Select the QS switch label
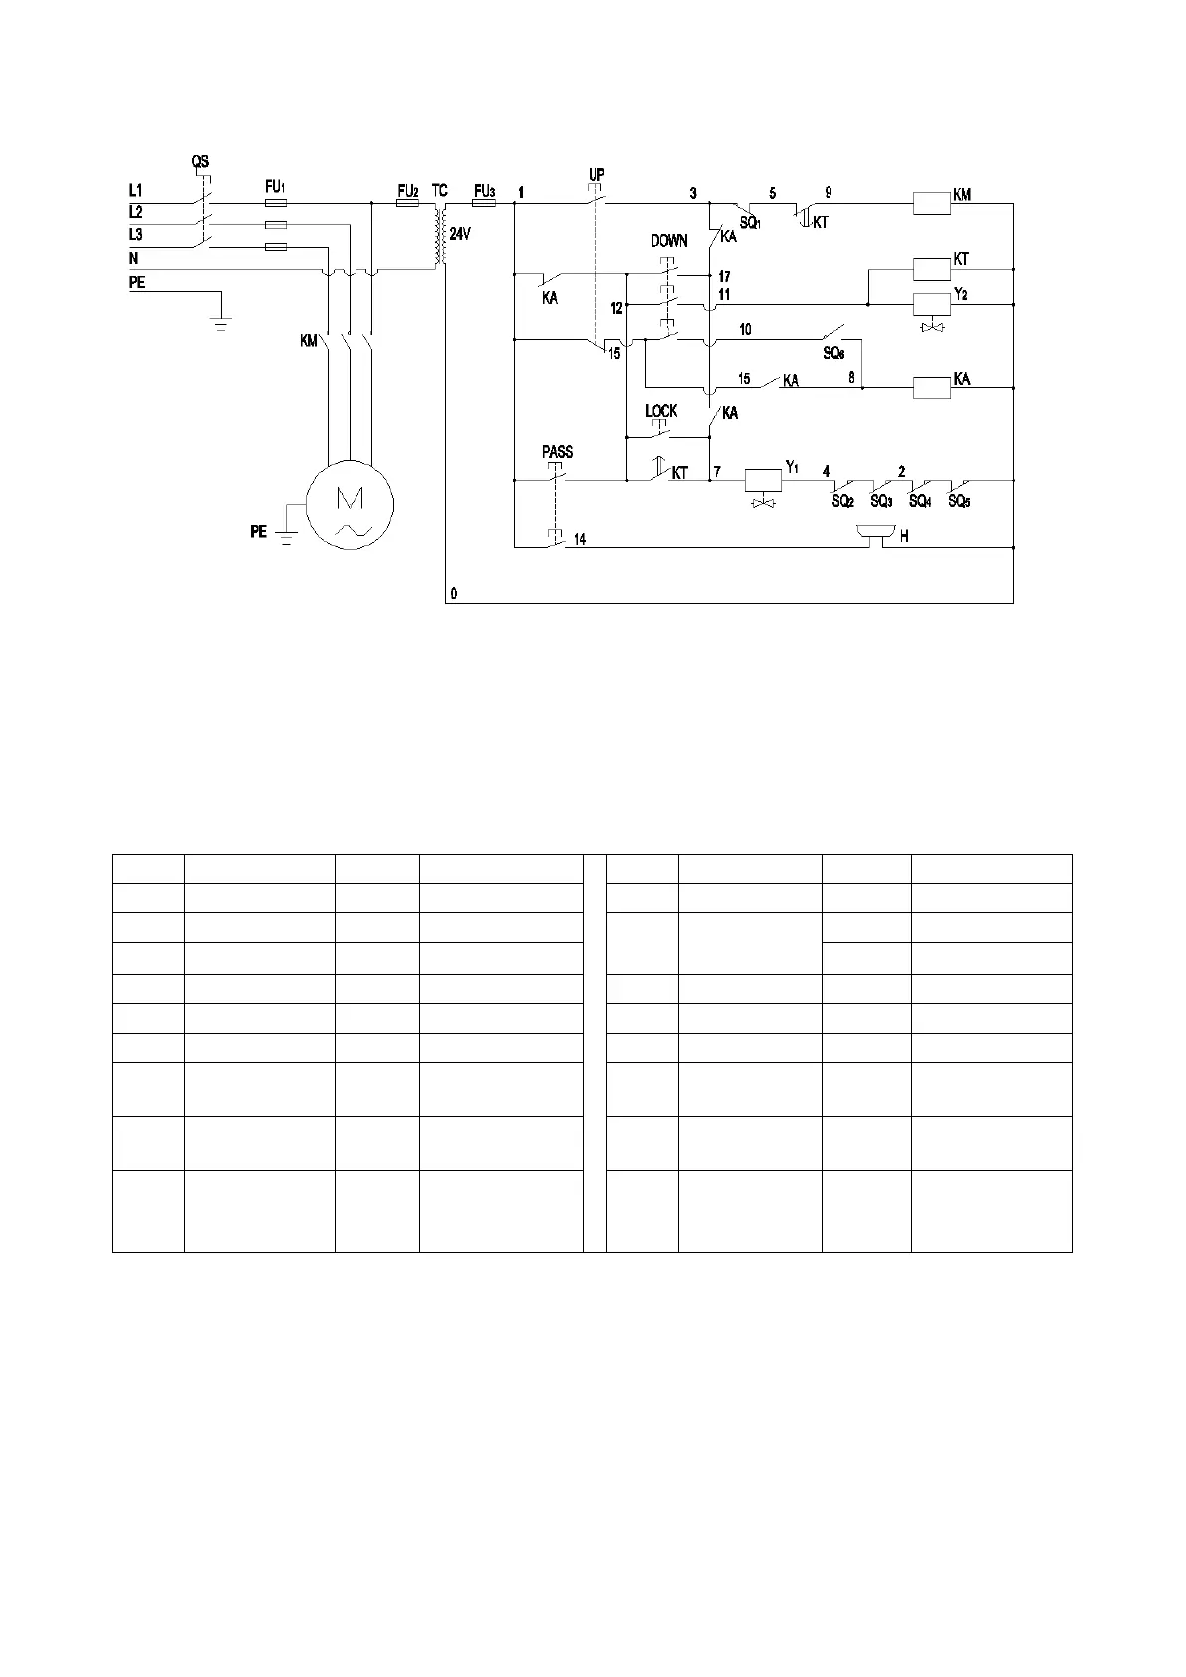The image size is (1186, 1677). [200, 162]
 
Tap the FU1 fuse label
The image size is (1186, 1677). [275, 186]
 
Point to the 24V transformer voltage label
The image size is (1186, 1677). [459, 235]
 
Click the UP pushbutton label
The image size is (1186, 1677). [596, 175]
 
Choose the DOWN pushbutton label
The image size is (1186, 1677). [669, 241]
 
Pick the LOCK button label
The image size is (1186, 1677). [661, 411]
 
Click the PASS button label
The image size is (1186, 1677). [557, 452]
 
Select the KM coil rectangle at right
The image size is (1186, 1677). [932, 204]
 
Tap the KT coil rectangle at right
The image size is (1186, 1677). [932, 267]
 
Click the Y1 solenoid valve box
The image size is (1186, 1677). [764, 480]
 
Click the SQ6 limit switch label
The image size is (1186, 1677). [833, 353]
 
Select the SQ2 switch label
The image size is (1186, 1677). [842, 502]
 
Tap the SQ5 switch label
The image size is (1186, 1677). [959, 502]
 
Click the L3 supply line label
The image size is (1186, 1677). [136, 235]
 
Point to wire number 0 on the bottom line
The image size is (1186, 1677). [454, 593]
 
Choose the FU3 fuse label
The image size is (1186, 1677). [485, 190]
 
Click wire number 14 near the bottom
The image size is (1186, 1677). [579, 539]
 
